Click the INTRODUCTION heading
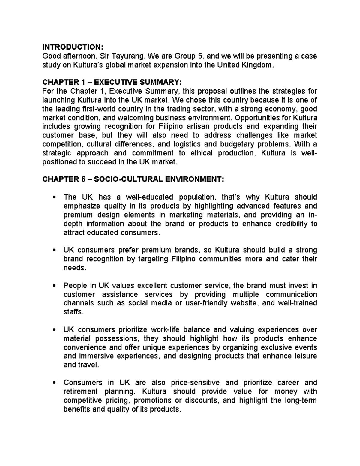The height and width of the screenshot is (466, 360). point(73,47)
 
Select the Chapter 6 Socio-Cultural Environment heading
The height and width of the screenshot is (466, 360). point(133,179)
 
